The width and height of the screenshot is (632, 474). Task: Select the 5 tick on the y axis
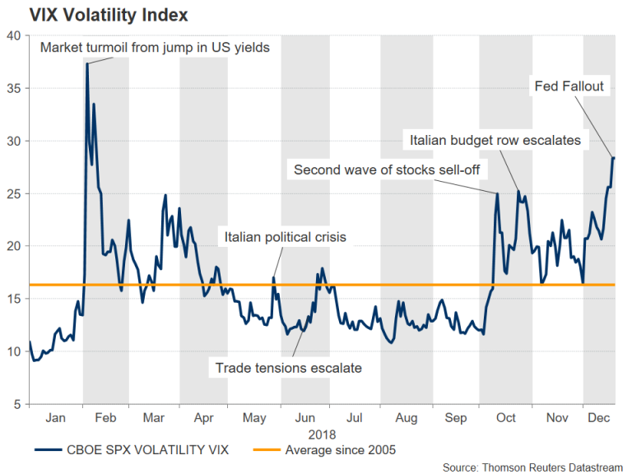16,405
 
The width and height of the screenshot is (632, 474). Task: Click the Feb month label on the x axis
106,419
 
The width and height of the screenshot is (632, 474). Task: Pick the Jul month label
355,419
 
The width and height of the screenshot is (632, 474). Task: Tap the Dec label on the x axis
599,419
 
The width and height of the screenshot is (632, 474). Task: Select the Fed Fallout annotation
569,86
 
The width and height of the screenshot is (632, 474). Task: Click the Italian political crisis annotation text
285,238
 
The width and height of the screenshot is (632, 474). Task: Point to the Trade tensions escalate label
288,368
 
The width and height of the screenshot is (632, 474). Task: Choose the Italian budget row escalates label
495,141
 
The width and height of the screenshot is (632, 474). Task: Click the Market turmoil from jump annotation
155,47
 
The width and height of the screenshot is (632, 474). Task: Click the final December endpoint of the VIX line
613,157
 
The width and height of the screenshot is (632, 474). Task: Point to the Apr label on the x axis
203,419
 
